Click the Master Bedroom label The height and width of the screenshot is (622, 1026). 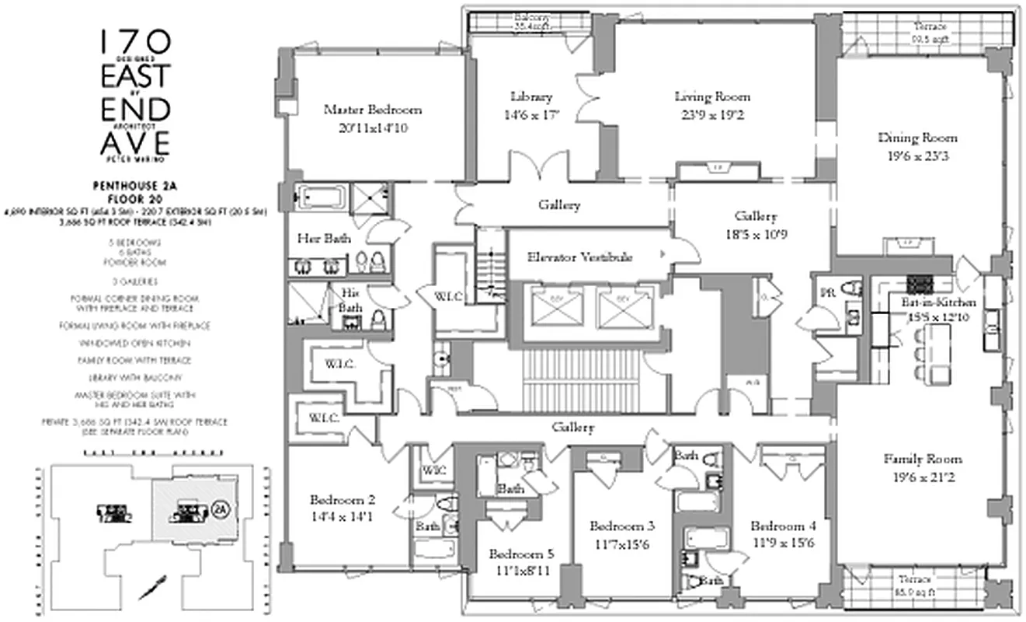coord(365,109)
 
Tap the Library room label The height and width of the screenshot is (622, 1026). coord(531,97)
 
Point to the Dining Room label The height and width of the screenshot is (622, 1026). coord(917,138)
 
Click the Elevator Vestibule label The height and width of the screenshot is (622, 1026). coord(579,257)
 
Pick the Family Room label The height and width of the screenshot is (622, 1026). coord(923,459)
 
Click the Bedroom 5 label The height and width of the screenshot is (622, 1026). coord(521,554)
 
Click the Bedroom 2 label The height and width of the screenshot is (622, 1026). coord(343,500)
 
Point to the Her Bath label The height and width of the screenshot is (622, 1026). coord(316,239)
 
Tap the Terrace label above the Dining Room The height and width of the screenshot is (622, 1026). coord(929,26)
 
